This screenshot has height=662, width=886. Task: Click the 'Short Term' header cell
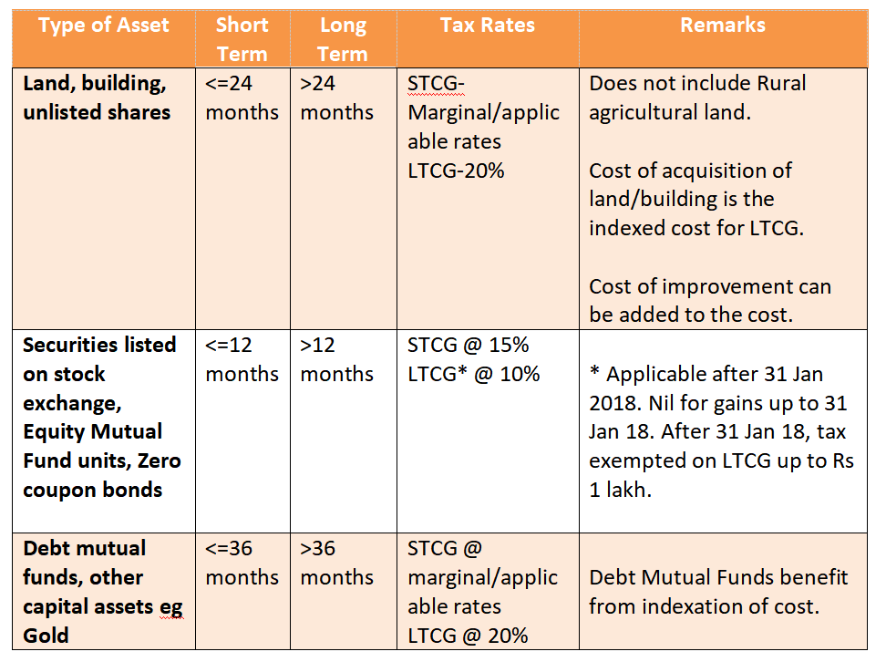242,39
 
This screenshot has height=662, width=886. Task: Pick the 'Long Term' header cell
343,39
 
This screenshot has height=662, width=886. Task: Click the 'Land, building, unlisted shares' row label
97,98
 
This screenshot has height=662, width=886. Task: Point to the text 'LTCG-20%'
456,171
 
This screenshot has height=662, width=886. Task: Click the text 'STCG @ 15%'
469,345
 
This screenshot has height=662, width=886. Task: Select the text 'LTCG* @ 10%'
473,374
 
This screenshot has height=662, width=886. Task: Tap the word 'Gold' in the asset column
46,636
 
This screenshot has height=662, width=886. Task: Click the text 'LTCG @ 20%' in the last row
468,636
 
